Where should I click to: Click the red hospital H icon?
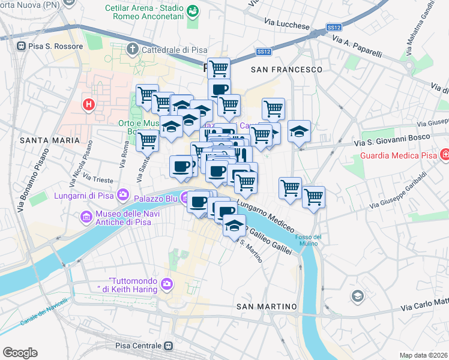tap(89, 104)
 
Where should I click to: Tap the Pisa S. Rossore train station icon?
tap(21, 46)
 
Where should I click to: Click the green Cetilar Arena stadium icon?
tap(193, 11)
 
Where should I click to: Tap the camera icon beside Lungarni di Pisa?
tap(124, 194)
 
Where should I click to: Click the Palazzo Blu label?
tap(156, 197)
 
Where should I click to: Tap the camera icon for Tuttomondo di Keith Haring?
tap(166, 283)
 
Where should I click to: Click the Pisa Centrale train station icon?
tap(170, 346)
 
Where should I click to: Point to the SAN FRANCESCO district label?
tap(286, 70)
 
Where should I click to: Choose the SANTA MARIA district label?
tap(50, 140)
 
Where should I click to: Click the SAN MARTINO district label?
tap(267, 307)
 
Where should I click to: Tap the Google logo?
tap(20, 353)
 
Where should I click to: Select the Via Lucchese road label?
tap(287, 24)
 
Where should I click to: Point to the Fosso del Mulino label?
tap(308, 240)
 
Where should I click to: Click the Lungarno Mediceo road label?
tap(266, 215)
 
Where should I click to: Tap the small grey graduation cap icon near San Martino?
tap(358, 296)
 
